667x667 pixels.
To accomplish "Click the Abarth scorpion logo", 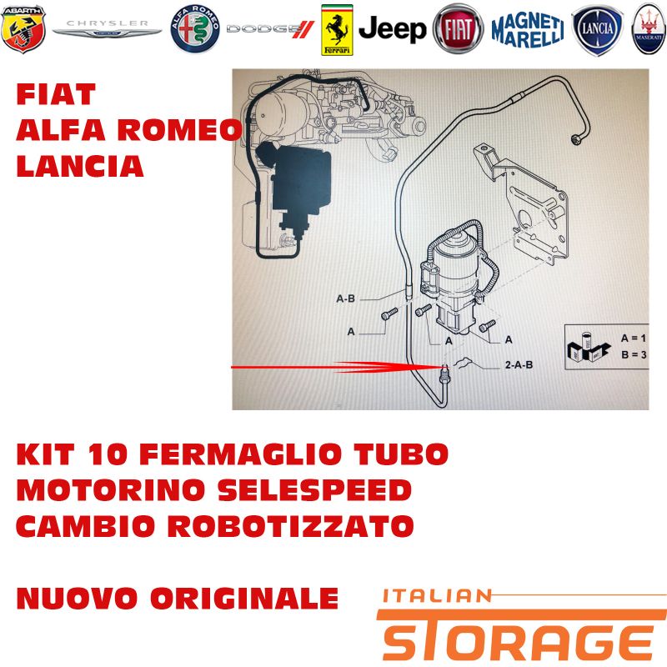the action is click(23, 29).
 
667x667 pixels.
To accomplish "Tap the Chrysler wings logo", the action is click(108, 29).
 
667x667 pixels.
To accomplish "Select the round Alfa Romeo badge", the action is click(195, 29).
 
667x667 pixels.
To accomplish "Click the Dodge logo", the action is click(270, 29).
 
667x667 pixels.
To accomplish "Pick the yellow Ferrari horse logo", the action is click(337, 30).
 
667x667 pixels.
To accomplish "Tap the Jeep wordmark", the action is click(392, 29).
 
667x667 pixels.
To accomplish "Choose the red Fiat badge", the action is click(458, 29).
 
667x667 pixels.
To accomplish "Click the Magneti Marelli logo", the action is click(528, 30).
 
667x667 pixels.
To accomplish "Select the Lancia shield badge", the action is click(597, 30).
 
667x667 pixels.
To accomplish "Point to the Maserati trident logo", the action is click(649, 29).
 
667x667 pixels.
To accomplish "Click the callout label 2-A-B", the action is click(519, 364).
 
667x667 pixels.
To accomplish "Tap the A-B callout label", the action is click(345, 298).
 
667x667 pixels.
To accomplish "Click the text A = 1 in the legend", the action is click(634, 339).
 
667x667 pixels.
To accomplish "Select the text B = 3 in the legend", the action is click(634, 354).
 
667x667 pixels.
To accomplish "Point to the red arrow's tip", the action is click(443, 367).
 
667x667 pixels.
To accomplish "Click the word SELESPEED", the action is click(314, 489).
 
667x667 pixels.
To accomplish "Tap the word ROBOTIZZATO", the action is click(290, 526).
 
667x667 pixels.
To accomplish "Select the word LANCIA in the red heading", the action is click(80, 166).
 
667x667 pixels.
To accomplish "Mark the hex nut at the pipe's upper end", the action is click(576, 138).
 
